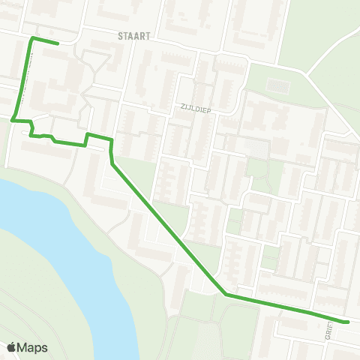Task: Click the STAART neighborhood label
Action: (135, 34)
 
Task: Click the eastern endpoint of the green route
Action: (348, 322)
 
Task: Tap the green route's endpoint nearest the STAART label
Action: (58, 43)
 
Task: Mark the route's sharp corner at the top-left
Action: (31, 38)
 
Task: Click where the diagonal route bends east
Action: (225, 295)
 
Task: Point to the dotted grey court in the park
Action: (277, 86)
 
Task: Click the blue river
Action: (60, 240)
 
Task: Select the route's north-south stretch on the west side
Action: (22, 79)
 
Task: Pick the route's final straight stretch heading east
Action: (285, 308)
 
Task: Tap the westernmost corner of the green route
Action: (13, 118)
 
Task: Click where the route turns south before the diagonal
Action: (111, 140)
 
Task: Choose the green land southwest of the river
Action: (30, 300)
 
